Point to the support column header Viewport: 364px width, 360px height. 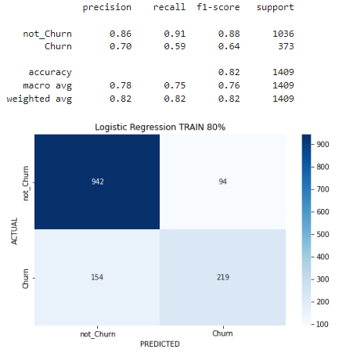275,7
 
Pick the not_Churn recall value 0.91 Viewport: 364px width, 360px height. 175,34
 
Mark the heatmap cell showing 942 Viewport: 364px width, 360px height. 97,182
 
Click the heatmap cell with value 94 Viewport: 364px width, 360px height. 223,182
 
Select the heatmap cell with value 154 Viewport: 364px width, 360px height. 97,277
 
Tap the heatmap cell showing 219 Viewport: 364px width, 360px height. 223,277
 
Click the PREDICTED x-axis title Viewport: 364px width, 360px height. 159,344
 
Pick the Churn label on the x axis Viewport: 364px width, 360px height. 223,333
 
